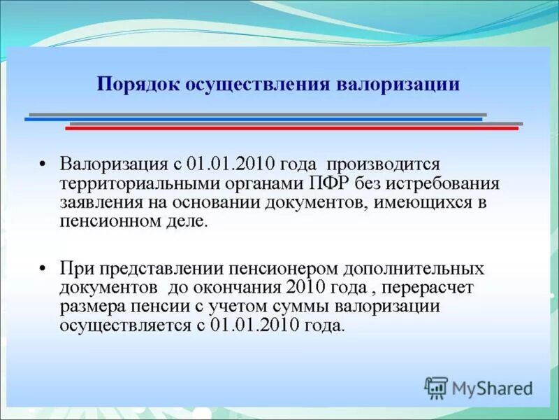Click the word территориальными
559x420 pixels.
(x=129, y=183)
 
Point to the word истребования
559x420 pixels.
(x=455, y=183)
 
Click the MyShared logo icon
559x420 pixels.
(x=437, y=387)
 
